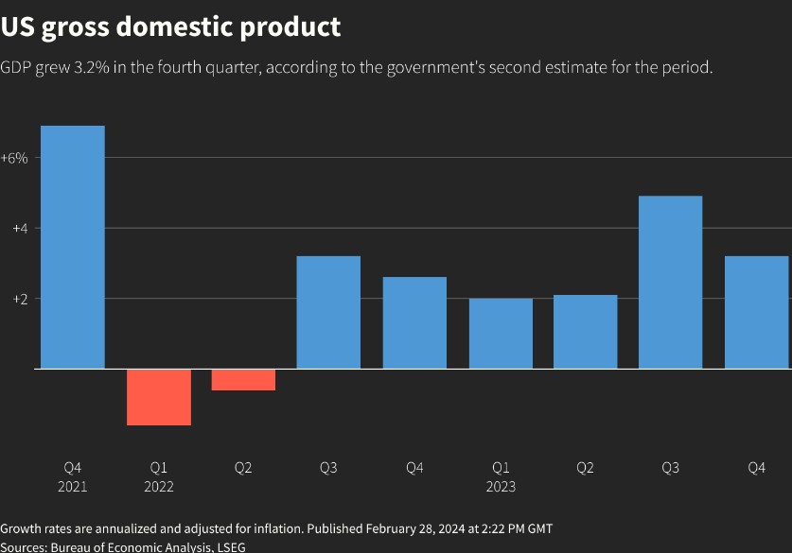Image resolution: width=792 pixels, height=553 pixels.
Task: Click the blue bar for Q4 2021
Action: pyautogui.click(x=73, y=247)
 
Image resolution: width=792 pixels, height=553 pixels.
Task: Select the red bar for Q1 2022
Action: pyautogui.click(x=159, y=397)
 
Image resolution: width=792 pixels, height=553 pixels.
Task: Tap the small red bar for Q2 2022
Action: pyautogui.click(x=243, y=380)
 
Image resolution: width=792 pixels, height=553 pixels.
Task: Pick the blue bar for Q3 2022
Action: pyautogui.click(x=328, y=312)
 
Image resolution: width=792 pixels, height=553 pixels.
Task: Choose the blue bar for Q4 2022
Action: pyautogui.click(x=414, y=322)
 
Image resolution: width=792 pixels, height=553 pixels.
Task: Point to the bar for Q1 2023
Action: pyautogui.click(x=501, y=333)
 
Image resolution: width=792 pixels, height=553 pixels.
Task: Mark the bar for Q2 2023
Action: pyautogui.click(x=586, y=331)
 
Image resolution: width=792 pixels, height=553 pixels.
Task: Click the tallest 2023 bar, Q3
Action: pyautogui.click(x=671, y=282)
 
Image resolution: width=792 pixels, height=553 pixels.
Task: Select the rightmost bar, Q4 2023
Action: pyautogui.click(x=757, y=312)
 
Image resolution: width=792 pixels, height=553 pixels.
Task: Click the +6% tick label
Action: pyautogui.click(x=14, y=158)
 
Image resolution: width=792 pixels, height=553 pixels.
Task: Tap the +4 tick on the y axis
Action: pyautogui.click(x=19, y=228)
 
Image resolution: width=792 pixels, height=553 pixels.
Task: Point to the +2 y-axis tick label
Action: pyautogui.click(x=19, y=299)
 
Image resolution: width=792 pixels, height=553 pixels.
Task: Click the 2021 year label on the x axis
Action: pyautogui.click(x=73, y=487)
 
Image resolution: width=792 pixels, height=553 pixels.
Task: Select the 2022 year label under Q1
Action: pyautogui.click(x=159, y=487)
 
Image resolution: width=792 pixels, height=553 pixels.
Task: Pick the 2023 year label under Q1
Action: pyautogui.click(x=501, y=487)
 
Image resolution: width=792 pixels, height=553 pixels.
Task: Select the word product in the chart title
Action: pyautogui.click(x=290, y=28)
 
